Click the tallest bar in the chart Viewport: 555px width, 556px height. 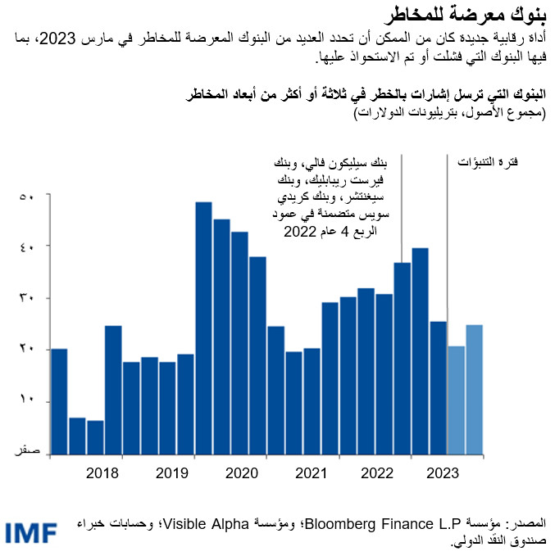(x=204, y=328)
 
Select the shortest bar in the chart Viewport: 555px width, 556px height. (x=96, y=437)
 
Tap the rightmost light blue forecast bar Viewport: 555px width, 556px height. (x=474, y=389)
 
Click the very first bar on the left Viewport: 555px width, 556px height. (x=60, y=401)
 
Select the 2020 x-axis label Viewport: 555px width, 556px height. (x=241, y=472)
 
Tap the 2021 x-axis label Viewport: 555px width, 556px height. (x=311, y=472)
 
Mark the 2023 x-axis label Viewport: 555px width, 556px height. (x=443, y=472)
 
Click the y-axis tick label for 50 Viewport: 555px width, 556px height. (x=26, y=197)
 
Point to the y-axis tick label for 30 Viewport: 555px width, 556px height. (x=26, y=299)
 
